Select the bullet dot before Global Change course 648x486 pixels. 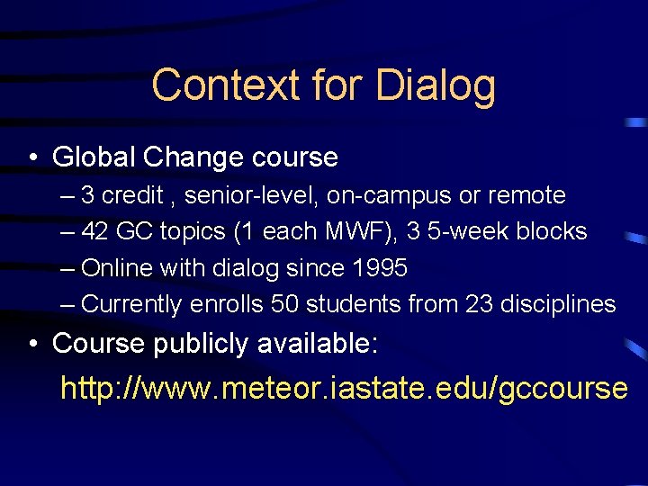point(32,158)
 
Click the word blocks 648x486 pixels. point(552,231)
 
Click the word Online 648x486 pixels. point(113,268)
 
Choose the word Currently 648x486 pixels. point(131,305)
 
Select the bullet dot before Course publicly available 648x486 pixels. point(32,343)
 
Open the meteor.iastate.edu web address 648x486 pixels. point(343,388)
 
